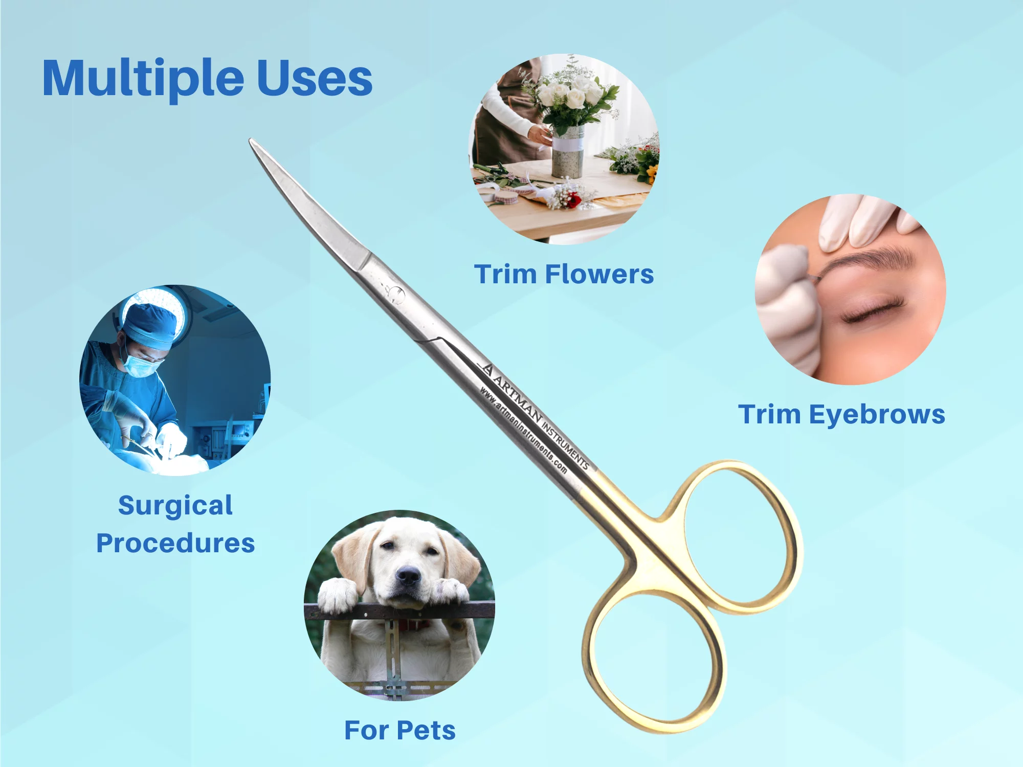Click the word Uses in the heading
point(314,78)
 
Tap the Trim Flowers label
point(564,274)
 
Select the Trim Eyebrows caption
point(841,415)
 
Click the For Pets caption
point(400,730)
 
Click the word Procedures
point(175,543)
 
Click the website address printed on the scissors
point(523,430)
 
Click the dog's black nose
point(408,576)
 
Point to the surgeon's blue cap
point(151,325)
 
